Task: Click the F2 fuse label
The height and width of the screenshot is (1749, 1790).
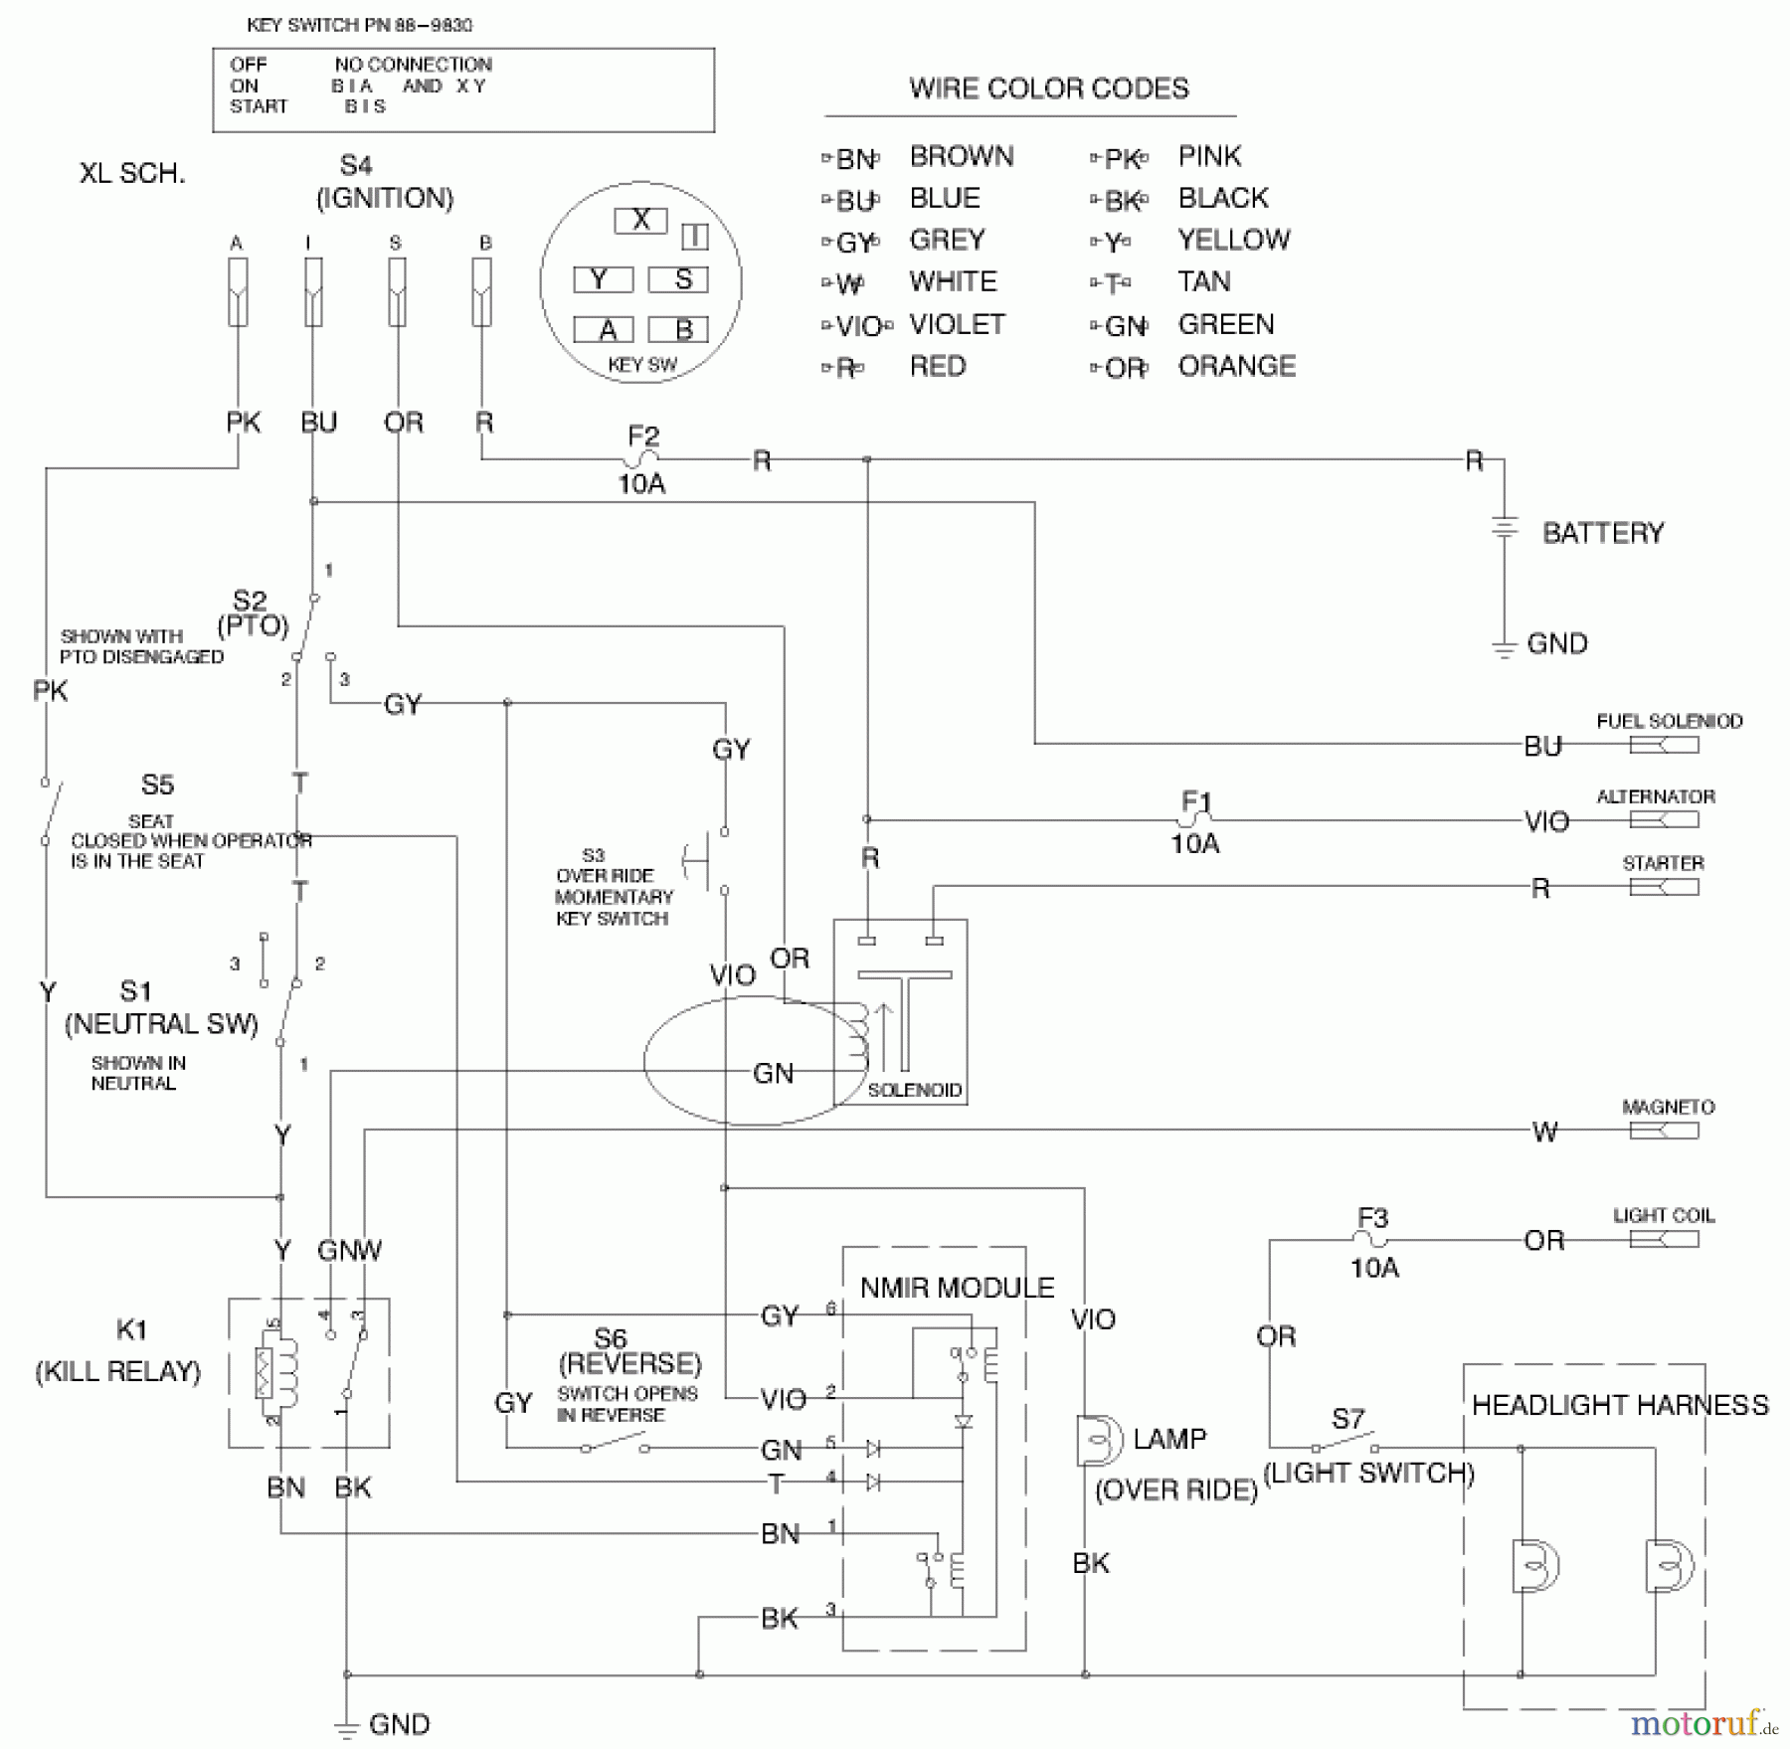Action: [x=642, y=436]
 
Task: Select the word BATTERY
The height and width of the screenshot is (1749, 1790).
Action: [x=1602, y=533]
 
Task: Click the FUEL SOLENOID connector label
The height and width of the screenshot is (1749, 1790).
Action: [x=1669, y=721]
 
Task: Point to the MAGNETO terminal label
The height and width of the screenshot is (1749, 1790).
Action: [x=1668, y=1107]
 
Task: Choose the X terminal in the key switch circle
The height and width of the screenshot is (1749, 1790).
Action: [x=640, y=220]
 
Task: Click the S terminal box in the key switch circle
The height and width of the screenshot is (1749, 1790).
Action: [x=678, y=279]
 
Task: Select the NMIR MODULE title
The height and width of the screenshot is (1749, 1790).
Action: [x=956, y=1288]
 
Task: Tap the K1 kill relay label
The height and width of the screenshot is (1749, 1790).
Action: [x=131, y=1329]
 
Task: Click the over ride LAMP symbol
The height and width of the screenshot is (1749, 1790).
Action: [x=1097, y=1440]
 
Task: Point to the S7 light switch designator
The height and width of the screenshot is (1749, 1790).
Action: [x=1347, y=1419]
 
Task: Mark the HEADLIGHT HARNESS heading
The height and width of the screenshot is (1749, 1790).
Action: [x=1620, y=1405]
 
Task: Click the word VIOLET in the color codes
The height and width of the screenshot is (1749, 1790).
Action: [x=957, y=324]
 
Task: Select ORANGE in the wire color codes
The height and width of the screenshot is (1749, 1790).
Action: [x=1236, y=366]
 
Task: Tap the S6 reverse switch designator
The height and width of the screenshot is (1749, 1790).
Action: [x=610, y=1338]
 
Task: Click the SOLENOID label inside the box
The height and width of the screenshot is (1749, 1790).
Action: [x=914, y=1090]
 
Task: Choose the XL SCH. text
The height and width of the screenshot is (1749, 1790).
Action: [x=132, y=173]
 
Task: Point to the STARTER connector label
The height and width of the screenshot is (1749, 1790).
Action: [x=1663, y=863]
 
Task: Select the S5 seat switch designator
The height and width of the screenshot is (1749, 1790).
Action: [x=157, y=785]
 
